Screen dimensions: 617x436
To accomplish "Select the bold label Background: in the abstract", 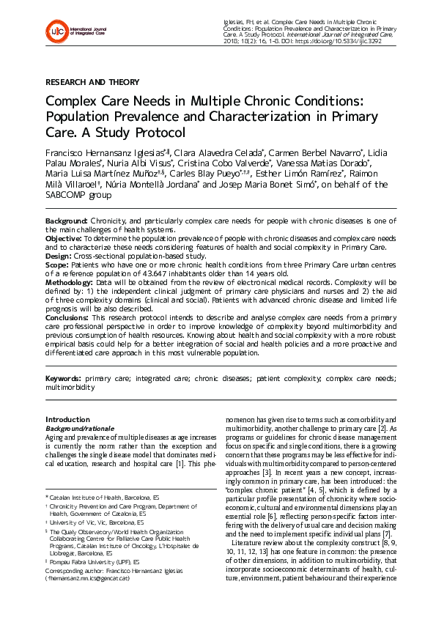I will coord(67,221).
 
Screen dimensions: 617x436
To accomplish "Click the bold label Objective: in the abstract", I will coord(64,238).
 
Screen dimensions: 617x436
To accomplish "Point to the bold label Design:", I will coord(59,256).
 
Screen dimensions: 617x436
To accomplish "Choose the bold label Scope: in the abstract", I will coord(58,265).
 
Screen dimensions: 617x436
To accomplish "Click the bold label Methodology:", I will coord(70,282).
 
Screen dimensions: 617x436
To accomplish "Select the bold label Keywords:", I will coord(64,378).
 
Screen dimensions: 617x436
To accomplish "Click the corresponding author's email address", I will coord(88,578).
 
